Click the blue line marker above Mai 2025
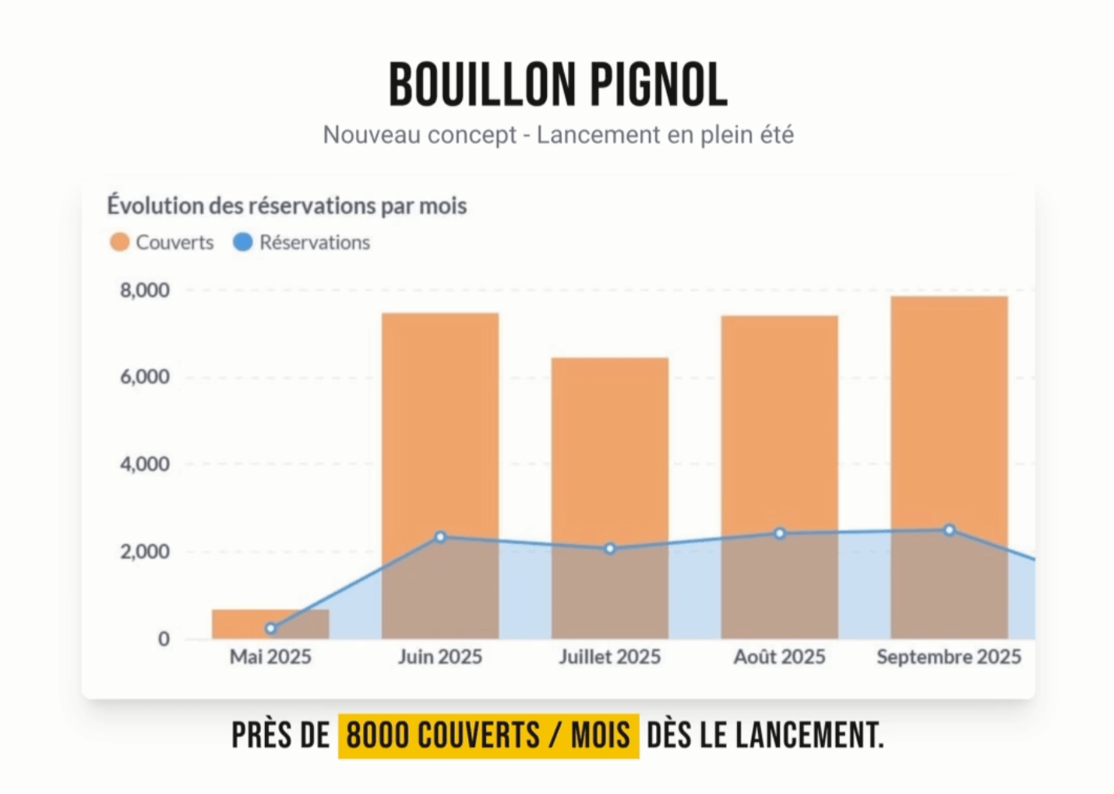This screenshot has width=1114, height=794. (x=270, y=628)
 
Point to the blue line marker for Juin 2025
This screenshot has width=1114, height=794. (x=440, y=537)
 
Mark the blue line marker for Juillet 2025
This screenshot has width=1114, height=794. (x=610, y=549)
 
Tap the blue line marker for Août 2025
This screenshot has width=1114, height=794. (x=780, y=533)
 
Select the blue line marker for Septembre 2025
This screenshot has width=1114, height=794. (x=950, y=530)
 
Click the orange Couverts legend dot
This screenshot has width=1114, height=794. (x=119, y=242)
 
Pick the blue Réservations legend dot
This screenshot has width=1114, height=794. (x=243, y=242)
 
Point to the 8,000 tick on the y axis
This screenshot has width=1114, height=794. (x=145, y=290)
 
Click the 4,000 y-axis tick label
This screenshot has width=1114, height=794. (x=145, y=464)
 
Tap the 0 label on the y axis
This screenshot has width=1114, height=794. (x=164, y=639)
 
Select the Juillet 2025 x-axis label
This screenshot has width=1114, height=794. (x=610, y=657)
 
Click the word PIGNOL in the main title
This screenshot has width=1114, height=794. (x=658, y=85)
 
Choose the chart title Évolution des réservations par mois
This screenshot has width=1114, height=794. (x=287, y=206)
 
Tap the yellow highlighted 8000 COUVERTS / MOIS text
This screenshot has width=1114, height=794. (x=488, y=736)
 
